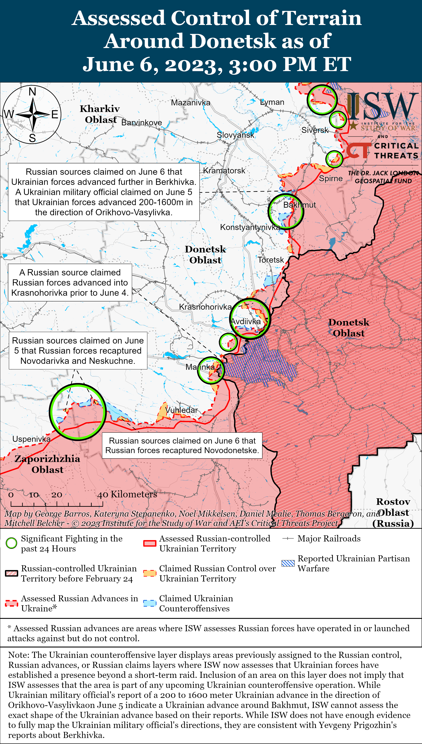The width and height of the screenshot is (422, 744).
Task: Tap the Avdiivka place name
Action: tap(245, 321)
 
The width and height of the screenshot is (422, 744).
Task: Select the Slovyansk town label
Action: tap(235, 135)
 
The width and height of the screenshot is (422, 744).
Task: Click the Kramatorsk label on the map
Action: tap(224, 170)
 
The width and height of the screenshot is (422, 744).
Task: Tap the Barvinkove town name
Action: tap(141, 123)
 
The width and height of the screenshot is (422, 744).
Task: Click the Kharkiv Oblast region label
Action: tap(100, 114)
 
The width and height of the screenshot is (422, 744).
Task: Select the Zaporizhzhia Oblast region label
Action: tap(47, 464)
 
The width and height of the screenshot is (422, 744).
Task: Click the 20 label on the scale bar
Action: tap(57, 495)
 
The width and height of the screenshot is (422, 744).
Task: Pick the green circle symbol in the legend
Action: tap(12, 543)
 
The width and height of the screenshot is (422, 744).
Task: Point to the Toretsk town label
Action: tap(271, 260)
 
